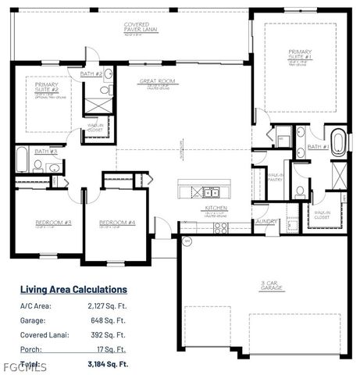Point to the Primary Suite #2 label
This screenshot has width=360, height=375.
[43, 89]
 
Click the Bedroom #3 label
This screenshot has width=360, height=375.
[53, 223]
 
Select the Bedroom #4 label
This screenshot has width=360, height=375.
[117, 223]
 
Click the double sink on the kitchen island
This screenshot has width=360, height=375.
[211, 191]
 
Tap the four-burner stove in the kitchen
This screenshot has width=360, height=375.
[221, 227]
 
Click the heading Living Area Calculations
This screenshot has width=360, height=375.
[73, 289]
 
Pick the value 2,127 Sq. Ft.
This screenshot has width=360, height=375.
[106, 306]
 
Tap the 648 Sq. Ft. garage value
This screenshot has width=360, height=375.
[111, 320]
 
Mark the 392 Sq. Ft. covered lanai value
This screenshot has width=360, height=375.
[111, 335]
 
